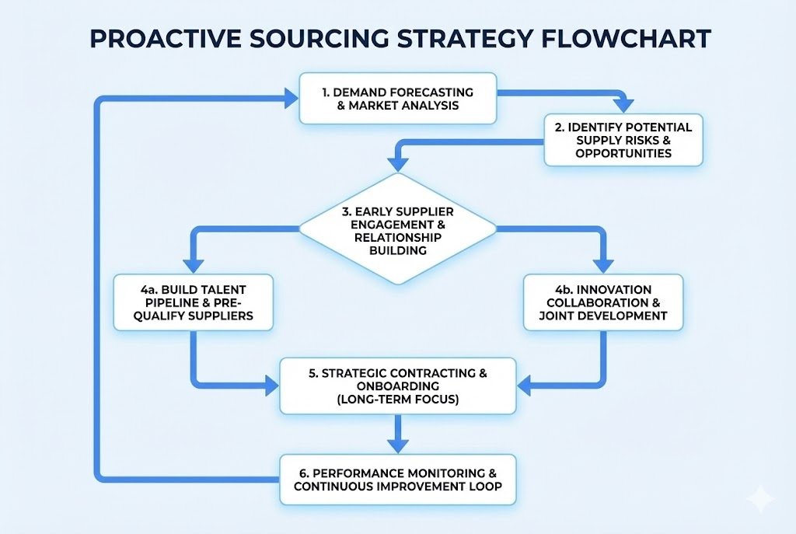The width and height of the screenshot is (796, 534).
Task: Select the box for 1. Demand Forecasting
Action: click(x=397, y=98)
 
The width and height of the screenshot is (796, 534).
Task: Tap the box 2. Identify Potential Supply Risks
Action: click(x=623, y=140)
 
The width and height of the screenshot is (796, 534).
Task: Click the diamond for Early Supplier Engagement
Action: click(x=397, y=229)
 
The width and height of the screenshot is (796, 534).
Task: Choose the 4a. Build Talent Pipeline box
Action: click(x=192, y=302)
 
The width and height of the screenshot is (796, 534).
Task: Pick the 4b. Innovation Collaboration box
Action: click(x=603, y=302)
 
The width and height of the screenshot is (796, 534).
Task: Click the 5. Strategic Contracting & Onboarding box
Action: click(x=397, y=386)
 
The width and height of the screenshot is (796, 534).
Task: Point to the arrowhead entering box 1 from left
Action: click(x=291, y=98)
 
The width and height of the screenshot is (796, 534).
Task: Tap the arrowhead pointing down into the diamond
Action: click(x=398, y=163)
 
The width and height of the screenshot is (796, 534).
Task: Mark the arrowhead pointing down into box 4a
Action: click(x=192, y=264)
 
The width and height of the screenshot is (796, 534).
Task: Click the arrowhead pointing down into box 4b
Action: click(x=603, y=264)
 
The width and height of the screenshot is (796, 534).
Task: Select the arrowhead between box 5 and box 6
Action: click(x=397, y=445)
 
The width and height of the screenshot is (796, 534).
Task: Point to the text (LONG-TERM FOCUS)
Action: click(x=397, y=399)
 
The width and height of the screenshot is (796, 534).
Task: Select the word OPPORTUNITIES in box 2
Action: click(x=623, y=153)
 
